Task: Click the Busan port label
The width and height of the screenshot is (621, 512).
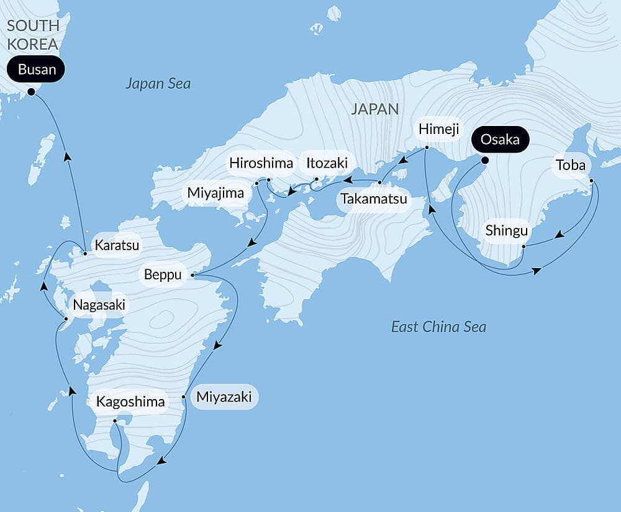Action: point(37,70)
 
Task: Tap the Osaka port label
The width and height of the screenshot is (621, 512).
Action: point(500,140)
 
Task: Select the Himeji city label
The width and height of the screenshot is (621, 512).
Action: point(438,129)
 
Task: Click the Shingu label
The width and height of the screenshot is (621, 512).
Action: point(507,231)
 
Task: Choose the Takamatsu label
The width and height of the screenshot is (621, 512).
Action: point(373,199)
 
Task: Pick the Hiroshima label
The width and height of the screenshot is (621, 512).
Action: point(261,163)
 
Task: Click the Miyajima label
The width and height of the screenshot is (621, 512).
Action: point(215,193)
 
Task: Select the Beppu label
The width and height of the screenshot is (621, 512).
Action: point(163,274)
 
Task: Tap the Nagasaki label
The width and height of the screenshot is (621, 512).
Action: point(99,305)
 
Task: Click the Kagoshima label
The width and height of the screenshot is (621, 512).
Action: point(130,402)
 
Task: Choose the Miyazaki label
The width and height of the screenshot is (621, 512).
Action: point(224,397)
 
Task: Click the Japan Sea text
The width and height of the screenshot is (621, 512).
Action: point(158,84)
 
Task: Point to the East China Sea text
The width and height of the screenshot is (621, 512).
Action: point(438,326)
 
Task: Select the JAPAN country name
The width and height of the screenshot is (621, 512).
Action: point(374,109)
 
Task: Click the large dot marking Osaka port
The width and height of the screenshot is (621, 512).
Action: point(485,161)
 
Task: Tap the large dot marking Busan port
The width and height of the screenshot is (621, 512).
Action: point(31,92)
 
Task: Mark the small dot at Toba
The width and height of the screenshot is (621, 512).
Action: point(591,181)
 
